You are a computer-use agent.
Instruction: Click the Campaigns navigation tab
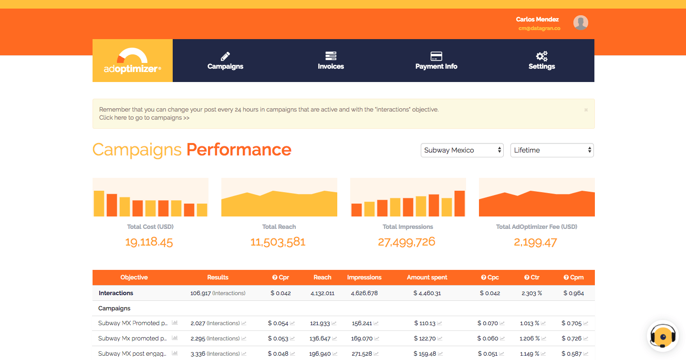point(225,61)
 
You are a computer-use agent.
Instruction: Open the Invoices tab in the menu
point(331,61)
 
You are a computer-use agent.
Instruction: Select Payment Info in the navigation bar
point(436,61)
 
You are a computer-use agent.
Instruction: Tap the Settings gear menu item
point(541,61)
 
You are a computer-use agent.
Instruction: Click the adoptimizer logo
point(133,61)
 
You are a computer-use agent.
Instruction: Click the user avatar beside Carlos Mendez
point(580,23)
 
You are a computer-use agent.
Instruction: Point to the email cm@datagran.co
point(539,28)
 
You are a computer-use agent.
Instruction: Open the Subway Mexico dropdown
point(462,150)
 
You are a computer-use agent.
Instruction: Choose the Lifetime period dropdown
point(552,150)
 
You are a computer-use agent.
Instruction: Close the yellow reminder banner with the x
point(586,110)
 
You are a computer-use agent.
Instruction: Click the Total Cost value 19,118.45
point(149,242)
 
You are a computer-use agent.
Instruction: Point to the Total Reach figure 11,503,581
point(278,242)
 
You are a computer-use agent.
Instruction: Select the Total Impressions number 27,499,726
point(406,242)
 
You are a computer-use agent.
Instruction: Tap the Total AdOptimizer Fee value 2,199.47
point(535,242)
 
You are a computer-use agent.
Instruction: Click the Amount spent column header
point(427,277)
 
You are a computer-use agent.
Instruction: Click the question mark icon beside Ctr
point(526,278)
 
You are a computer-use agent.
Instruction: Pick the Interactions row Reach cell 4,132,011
point(322,293)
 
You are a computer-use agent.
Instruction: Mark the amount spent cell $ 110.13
point(425,323)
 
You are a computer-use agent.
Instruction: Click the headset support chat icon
point(663,336)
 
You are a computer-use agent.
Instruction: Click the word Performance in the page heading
point(239,150)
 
